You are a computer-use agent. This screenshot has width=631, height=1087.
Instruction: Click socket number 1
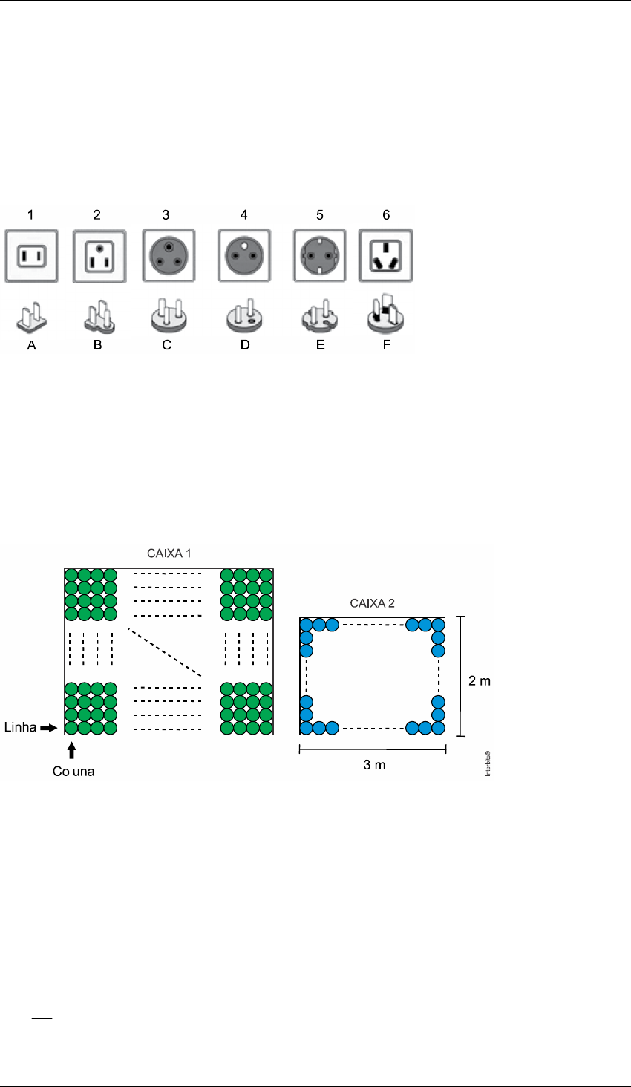point(31,255)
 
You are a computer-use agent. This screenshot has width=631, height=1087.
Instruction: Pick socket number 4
point(244,255)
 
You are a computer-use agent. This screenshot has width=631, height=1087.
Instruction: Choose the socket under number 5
point(320,255)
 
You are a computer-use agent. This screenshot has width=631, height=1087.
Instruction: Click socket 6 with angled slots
point(385,255)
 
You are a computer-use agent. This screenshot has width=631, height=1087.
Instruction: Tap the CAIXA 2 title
point(371,604)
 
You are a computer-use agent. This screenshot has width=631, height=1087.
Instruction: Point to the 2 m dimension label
point(480,680)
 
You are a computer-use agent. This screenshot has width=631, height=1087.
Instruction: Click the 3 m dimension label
point(374,765)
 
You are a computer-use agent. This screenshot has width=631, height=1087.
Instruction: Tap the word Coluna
point(73,771)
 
